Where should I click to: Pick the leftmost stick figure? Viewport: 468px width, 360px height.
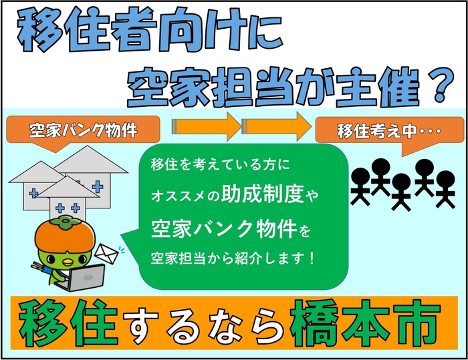360,181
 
